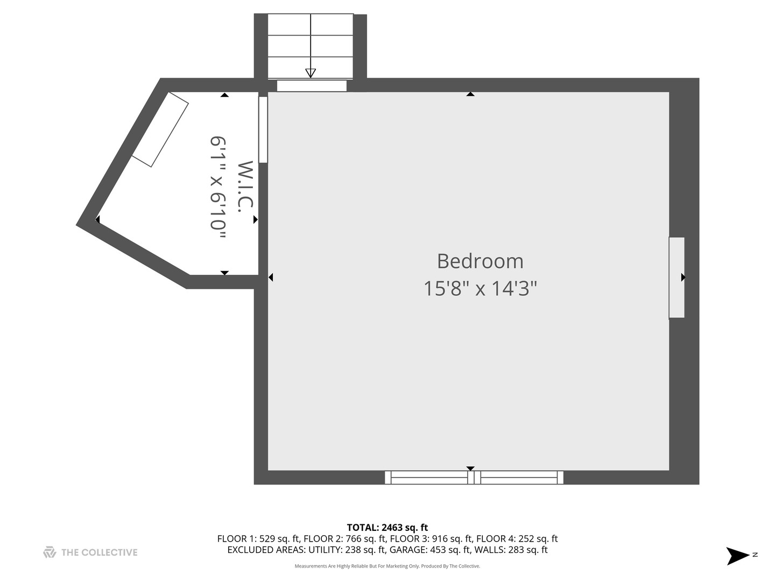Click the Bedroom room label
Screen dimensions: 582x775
(480, 261)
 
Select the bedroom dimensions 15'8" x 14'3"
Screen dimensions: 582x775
(480, 289)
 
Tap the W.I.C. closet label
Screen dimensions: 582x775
(245, 186)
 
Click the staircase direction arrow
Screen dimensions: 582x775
(311, 73)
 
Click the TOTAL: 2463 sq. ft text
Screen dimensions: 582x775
(387, 528)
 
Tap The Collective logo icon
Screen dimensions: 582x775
(50, 552)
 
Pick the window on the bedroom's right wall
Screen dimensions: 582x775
(677, 278)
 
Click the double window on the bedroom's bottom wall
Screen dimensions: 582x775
(474, 477)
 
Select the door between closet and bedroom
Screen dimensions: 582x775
(263, 129)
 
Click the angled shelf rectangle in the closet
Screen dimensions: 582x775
(160, 129)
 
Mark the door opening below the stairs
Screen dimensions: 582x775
(312, 86)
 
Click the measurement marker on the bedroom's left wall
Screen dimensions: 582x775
(271, 278)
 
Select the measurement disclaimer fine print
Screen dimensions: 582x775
(387, 566)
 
